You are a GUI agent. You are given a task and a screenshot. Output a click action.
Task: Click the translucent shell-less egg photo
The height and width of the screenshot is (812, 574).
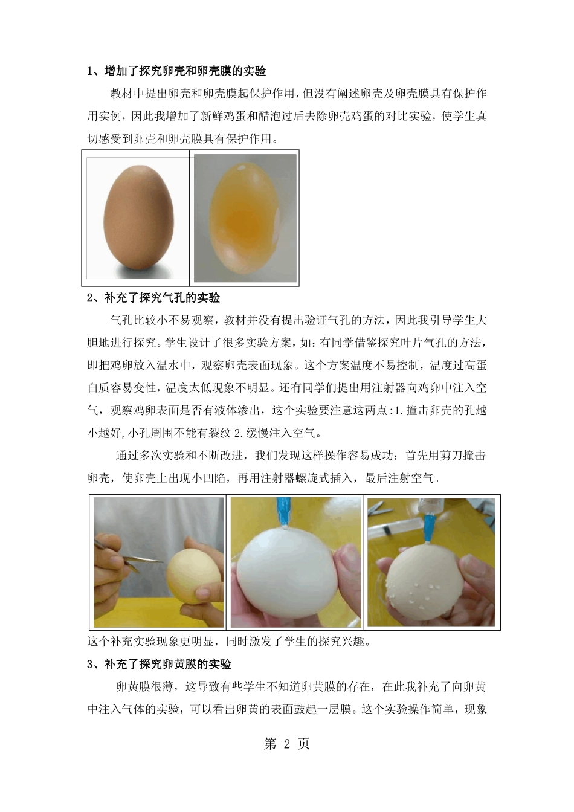[x=245, y=218]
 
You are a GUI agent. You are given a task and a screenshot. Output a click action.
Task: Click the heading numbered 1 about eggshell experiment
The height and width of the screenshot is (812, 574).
[x=176, y=71]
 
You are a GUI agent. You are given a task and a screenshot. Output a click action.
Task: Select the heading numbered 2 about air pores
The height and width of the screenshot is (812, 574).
[x=153, y=298]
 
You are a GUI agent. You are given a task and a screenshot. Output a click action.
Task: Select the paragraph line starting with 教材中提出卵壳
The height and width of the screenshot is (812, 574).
[x=298, y=94]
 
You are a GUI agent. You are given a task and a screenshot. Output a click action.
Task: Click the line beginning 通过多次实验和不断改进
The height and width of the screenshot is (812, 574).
[x=301, y=456]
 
